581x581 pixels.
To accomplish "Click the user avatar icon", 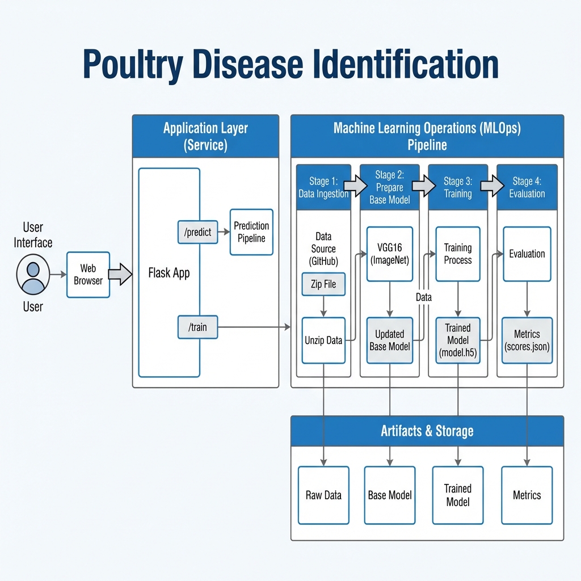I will tap(33, 275).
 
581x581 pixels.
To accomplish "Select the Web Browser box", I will tap(88, 275).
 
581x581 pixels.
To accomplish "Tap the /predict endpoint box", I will tap(197, 233).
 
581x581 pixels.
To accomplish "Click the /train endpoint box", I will tap(197, 327).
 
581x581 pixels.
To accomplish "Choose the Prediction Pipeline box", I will tap(251, 232).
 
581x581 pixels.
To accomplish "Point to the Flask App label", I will tap(169, 273).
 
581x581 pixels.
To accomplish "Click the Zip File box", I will tap(323, 284).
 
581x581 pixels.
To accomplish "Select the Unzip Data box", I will tap(323, 340).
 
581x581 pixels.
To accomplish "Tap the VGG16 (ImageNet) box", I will tap(389, 254).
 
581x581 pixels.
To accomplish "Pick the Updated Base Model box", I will tap(389, 340).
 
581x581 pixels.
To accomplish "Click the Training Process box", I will tap(458, 254).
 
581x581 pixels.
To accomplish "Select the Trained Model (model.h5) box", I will tap(458, 340).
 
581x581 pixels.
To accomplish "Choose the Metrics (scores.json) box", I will tap(527, 340).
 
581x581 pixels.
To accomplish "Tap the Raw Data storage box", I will tap(323, 495).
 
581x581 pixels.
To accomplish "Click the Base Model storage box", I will tap(389, 495).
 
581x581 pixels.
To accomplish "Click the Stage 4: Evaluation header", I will tap(527, 187).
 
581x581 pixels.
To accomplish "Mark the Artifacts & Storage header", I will tap(427, 431).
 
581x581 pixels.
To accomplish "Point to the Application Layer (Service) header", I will tap(205, 136).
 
